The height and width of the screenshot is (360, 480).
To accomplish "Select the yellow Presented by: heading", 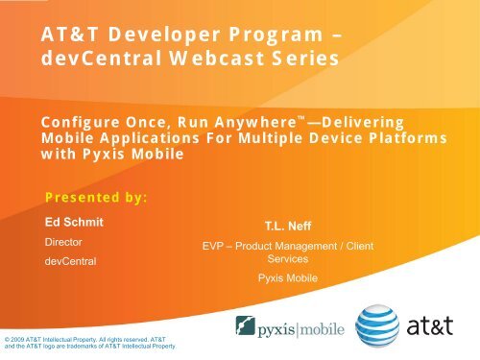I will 97,198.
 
